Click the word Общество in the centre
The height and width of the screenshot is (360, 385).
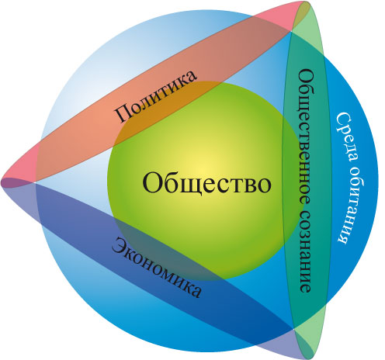(206, 184)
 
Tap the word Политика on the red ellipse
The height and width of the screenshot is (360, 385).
(156, 96)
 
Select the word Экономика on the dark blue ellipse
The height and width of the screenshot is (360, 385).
(157, 268)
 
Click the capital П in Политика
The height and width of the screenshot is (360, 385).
(122, 114)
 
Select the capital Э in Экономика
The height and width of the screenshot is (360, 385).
(120, 244)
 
